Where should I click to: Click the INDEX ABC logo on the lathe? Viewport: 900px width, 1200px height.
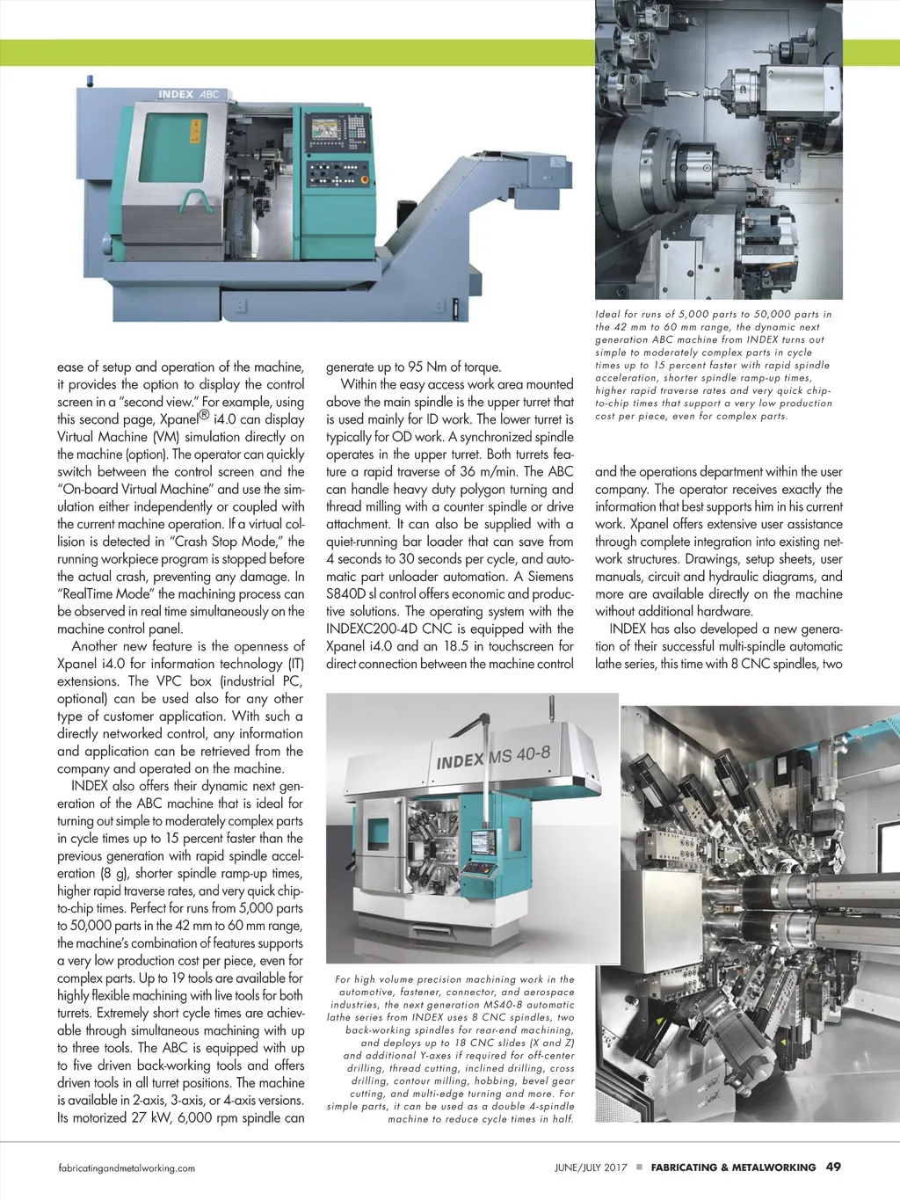coord(188,94)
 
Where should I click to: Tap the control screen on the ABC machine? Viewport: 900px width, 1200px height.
coord(325,128)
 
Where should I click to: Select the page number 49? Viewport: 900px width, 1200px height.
coord(833,1167)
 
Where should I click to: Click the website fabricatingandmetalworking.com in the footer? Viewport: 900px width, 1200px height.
coord(127,1168)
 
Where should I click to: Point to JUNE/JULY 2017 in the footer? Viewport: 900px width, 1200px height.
coord(591,1167)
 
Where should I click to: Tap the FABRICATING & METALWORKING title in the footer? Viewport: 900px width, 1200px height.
coord(733,1167)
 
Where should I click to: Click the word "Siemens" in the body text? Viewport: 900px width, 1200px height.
coord(550,577)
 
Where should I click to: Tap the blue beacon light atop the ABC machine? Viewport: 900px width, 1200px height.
coord(89,80)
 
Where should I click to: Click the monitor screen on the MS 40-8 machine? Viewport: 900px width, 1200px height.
coord(483,841)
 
